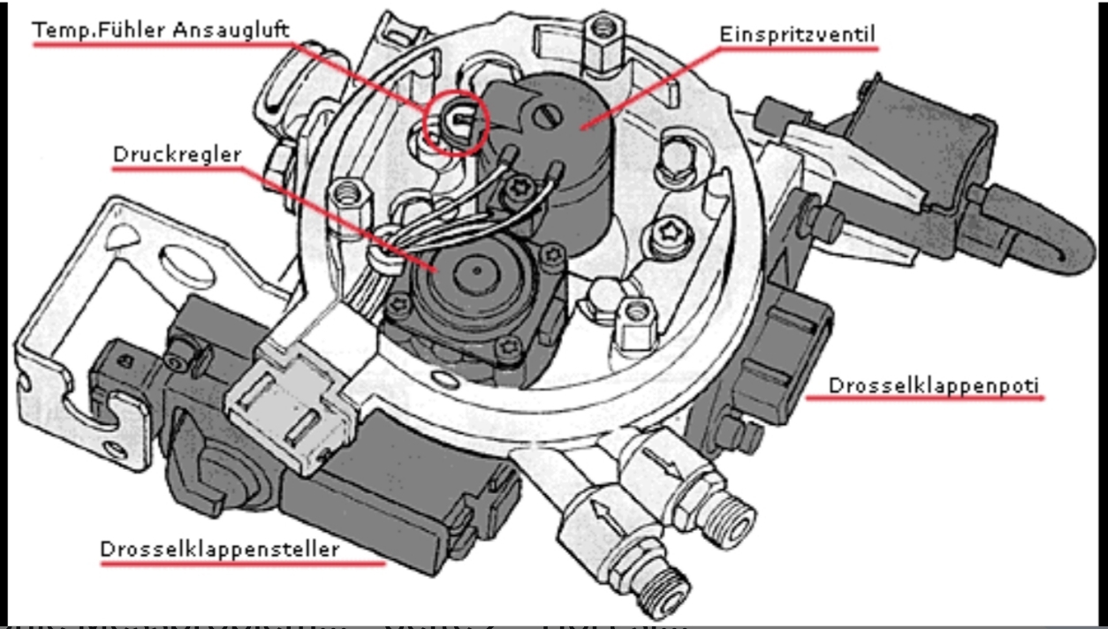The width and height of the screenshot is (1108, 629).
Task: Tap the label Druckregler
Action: [177, 155]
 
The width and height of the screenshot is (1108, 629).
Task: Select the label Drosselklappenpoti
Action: [934, 385]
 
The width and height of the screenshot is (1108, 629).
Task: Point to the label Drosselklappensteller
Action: [220, 549]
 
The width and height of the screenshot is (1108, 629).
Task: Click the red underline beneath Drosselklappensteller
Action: [243, 563]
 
